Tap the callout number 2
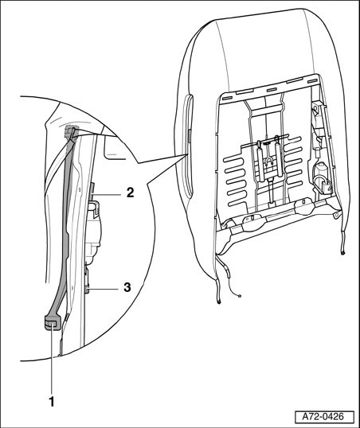(130, 193)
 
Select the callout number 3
(127, 287)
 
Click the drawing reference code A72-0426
(324, 417)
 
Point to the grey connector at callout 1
(51, 323)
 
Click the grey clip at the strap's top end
(70, 130)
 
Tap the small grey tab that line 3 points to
(87, 289)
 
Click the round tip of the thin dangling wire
(240, 296)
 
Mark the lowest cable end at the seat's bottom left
(219, 302)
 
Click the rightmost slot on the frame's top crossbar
(312, 81)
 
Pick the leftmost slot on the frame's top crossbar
(227, 97)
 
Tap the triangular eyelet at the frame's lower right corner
(336, 215)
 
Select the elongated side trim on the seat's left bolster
(188, 146)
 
